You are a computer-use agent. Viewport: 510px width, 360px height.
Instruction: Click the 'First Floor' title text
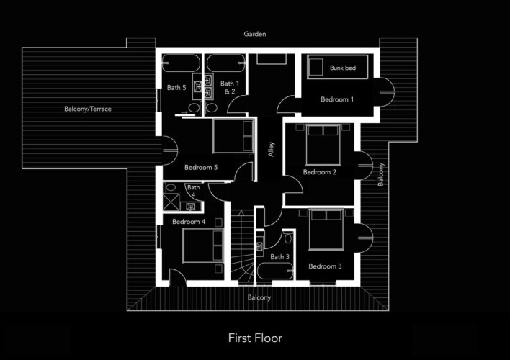(255, 338)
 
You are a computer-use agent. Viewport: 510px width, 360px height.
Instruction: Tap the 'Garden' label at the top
(254, 34)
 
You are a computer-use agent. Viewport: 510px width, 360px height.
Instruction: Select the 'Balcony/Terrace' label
(88, 109)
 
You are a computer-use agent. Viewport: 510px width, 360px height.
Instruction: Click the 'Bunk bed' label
(342, 68)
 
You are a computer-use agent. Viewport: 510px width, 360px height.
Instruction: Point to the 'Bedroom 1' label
(336, 99)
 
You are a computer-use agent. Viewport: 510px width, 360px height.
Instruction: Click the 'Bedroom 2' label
(319, 172)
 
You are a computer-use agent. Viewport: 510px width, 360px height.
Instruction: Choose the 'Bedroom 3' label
(325, 266)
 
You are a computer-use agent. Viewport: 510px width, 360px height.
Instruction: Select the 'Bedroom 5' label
(201, 168)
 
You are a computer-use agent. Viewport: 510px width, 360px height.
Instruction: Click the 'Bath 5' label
(176, 88)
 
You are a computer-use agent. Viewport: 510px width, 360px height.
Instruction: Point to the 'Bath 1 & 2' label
(228, 87)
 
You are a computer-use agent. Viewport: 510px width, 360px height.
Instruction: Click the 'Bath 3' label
(279, 257)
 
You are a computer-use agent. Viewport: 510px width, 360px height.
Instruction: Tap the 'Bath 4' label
(193, 191)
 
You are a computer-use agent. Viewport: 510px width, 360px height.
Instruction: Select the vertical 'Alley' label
(272, 150)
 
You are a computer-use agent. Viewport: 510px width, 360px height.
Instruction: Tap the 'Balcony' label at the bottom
(259, 297)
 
